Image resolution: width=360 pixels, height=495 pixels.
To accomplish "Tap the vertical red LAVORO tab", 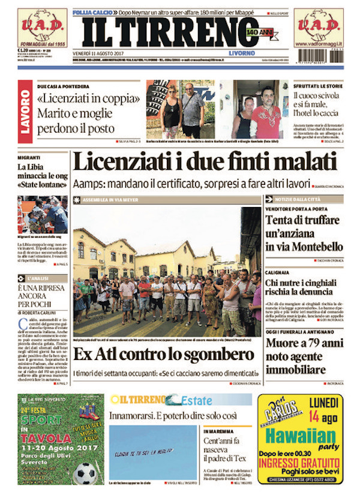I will (25, 110).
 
